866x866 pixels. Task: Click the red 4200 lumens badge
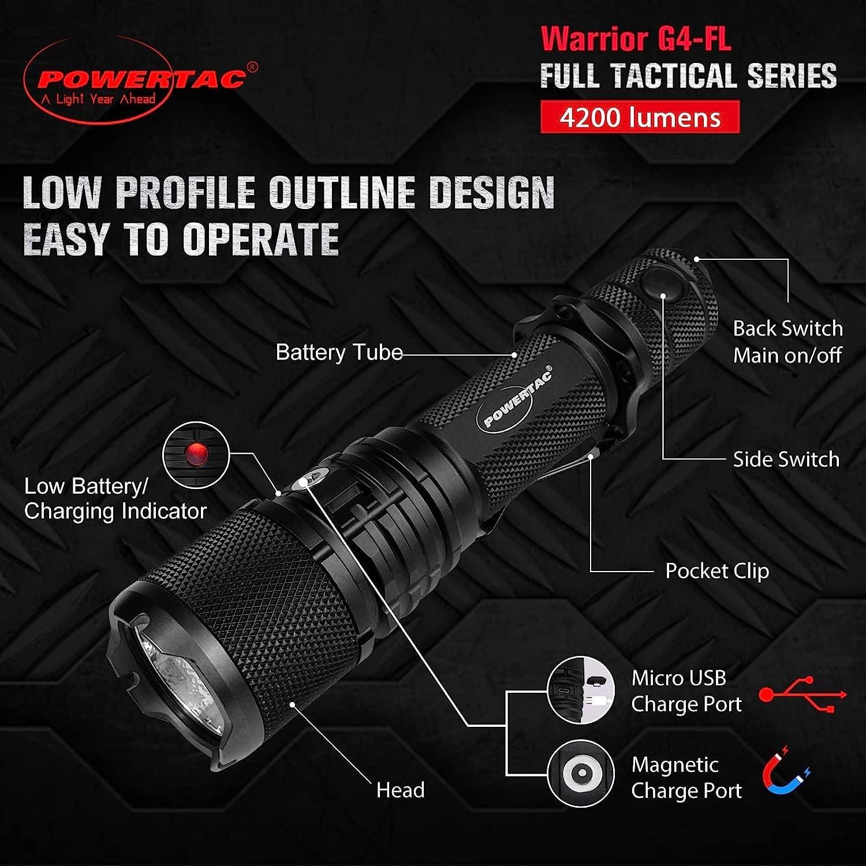point(640,117)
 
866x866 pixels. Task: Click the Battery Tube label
point(339,352)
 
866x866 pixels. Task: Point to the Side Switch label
point(786,460)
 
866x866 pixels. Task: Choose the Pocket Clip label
point(717,571)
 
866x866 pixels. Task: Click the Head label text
point(400,790)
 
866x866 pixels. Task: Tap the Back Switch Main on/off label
point(787,342)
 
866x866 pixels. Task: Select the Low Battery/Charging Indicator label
point(115,499)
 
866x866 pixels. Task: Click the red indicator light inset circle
point(196,455)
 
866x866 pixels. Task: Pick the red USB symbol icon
point(802,695)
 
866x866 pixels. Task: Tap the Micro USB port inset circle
point(581,690)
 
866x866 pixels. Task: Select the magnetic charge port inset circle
point(581,773)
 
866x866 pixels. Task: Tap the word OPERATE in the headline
point(260,238)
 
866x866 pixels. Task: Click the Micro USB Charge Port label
point(686,691)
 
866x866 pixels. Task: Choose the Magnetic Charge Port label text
point(686,778)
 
